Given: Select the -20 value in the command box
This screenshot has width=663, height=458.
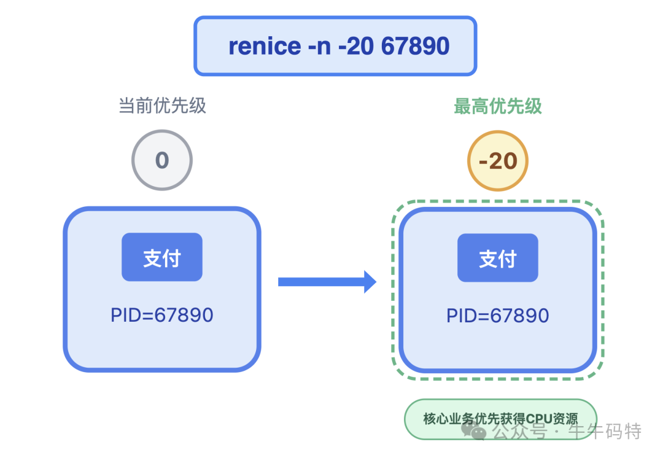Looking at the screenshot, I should pos(357,46).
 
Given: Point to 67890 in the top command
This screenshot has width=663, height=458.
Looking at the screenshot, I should pos(415,46).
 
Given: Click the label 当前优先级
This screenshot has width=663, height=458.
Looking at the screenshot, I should pos(162,106).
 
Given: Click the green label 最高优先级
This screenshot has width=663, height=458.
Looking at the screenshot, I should pos(497,106).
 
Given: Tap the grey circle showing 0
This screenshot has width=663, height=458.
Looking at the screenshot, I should pos(162,161).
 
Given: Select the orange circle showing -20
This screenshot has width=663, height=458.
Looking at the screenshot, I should pos(498,161).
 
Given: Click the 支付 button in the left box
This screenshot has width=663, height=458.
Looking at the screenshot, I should pos(162,257).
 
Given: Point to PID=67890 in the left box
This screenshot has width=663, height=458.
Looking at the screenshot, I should pos(162,316).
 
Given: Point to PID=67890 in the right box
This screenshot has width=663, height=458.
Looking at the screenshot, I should pos(498,316).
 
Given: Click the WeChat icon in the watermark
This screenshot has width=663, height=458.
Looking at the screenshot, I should pos(478,432).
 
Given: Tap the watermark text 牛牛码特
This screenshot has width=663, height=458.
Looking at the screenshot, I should pos(605,432).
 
